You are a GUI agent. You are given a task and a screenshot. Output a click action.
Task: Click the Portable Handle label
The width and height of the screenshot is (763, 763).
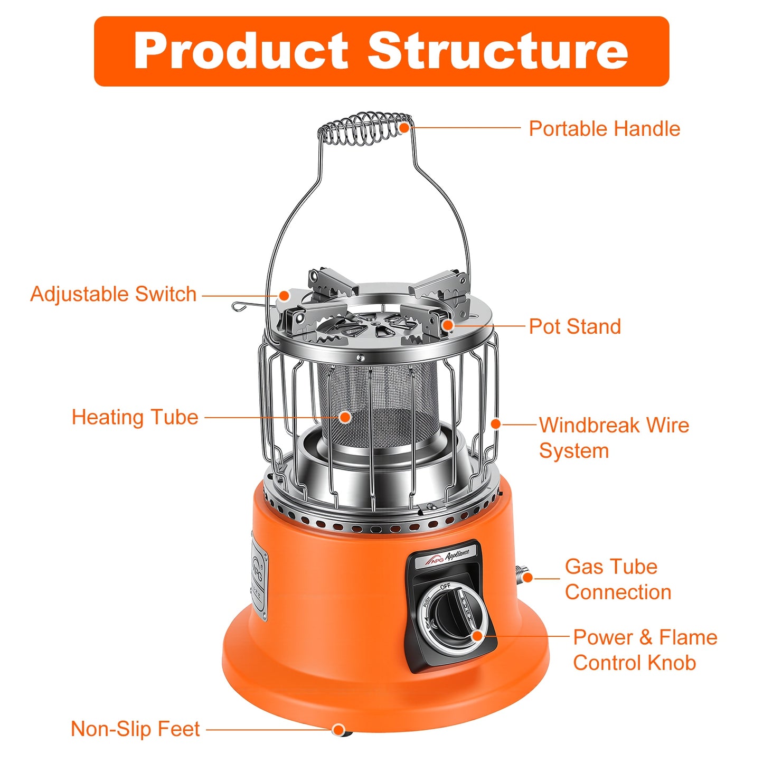click(604, 129)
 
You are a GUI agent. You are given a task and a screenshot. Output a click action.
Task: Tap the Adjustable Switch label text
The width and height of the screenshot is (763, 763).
click(114, 294)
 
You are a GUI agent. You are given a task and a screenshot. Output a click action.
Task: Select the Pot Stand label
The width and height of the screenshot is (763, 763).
click(574, 326)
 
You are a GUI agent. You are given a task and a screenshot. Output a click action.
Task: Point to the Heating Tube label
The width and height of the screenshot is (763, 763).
click(135, 417)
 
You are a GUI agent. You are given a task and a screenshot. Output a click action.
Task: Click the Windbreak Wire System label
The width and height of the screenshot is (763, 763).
click(614, 438)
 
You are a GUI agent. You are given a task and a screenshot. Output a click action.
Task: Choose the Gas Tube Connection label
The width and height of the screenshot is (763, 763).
click(617, 579)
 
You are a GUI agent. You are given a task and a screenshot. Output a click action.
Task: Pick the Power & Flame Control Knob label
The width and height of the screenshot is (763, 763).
click(645, 650)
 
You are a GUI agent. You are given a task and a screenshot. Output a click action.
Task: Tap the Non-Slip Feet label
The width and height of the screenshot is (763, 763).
click(135, 729)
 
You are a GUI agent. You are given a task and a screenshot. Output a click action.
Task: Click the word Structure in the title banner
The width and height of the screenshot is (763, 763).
click(497, 51)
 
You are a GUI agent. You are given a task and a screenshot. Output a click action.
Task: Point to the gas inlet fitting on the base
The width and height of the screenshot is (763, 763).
click(523, 573)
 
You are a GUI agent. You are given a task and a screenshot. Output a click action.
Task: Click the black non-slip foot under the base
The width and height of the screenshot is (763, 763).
click(339, 731)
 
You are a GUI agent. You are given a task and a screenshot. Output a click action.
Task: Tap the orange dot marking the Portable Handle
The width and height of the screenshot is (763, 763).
click(404, 128)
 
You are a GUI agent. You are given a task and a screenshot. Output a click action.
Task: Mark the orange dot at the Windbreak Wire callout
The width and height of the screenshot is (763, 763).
click(495, 423)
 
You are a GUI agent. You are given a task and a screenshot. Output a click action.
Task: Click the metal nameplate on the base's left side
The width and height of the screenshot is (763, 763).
click(259, 578)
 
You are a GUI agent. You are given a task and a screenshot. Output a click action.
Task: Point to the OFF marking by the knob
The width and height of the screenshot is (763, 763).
click(445, 586)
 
